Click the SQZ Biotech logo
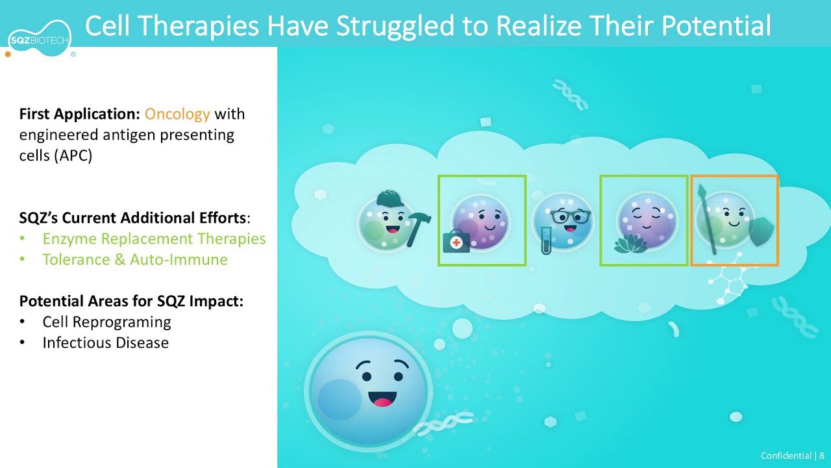[x=40, y=40]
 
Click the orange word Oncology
[x=177, y=114]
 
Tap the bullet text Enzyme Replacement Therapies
[x=154, y=239]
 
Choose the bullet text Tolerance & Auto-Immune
[x=134, y=259]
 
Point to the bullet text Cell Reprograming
[x=106, y=322]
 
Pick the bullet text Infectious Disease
[x=105, y=343]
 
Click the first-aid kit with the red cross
[x=456, y=242]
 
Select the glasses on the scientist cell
[x=571, y=216]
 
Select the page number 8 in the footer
[x=821, y=456]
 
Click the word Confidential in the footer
[x=786, y=456]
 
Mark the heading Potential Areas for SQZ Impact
[x=131, y=301]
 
